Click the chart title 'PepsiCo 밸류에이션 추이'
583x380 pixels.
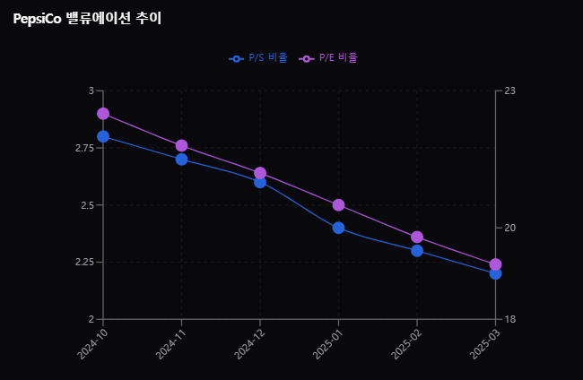coord(87,19)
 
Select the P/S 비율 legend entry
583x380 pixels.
coord(258,58)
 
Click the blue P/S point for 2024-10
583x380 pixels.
coord(103,136)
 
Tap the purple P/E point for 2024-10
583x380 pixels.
coord(103,114)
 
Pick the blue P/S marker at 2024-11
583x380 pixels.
coord(181,160)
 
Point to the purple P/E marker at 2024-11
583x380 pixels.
coord(181,145)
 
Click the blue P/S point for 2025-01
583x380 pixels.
coord(338,228)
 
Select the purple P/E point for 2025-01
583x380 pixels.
coord(338,205)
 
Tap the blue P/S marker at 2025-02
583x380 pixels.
coord(417,251)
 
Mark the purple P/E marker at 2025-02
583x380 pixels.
coord(417,237)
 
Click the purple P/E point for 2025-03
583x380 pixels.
coord(495,264)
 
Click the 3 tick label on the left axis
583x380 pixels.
coord(91,91)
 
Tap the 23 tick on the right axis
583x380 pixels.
coord(510,91)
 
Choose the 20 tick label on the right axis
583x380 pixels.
coord(510,228)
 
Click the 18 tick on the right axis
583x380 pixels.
coord(510,319)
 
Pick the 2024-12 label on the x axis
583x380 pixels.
coord(250,341)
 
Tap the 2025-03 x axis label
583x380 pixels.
coord(485,341)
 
